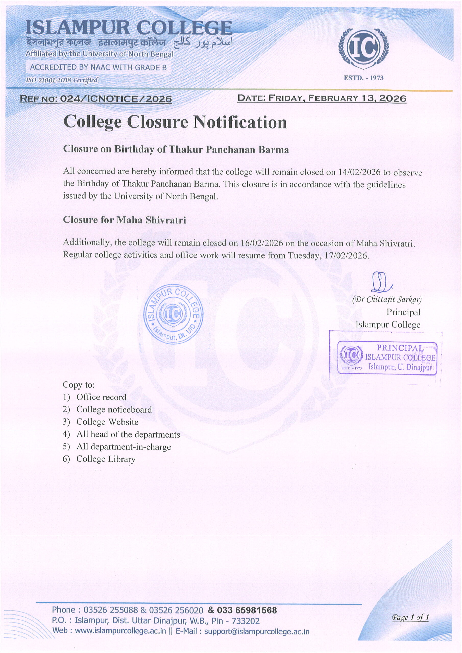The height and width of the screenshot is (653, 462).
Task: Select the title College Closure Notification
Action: pos(175,122)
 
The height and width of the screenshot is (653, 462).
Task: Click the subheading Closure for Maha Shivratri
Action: pos(124,220)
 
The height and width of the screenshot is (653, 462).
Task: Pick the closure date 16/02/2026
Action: pos(262,243)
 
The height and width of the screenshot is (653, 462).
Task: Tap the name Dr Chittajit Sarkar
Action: pos(387,299)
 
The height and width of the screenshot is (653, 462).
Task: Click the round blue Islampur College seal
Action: pos(173,314)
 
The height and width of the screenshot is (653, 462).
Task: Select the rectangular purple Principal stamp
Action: pos(387,358)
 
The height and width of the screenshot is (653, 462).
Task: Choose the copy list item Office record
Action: pos(101,397)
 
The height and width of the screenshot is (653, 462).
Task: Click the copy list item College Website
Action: pos(107,422)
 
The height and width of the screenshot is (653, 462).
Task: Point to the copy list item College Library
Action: pos(106,459)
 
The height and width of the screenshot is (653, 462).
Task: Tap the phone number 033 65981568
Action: pos(247,610)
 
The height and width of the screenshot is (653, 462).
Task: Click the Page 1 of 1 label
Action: pos(410,618)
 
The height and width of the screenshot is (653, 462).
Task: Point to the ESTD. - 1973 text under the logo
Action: pos(363,78)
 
